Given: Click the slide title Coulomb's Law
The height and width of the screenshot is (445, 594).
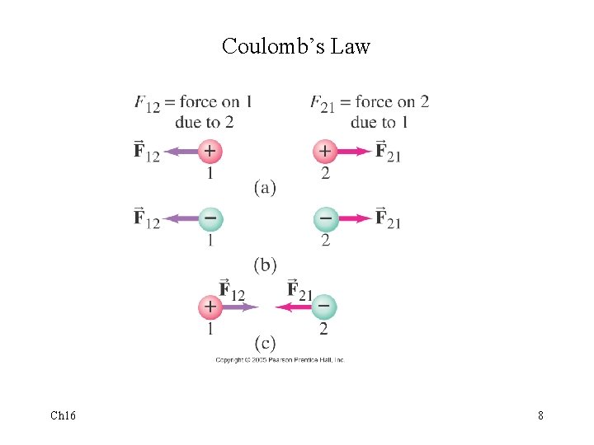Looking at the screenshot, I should (x=296, y=46).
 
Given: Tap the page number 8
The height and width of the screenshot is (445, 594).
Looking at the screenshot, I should (x=540, y=415).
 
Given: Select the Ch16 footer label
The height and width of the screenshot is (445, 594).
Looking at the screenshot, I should (x=63, y=415).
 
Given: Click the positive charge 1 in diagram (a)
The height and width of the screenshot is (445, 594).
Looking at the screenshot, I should (x=210, y=151).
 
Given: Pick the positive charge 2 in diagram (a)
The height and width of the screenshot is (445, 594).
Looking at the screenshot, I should (x=325, y=151).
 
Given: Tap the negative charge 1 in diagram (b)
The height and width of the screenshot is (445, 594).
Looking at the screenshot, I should (x=210, y=218).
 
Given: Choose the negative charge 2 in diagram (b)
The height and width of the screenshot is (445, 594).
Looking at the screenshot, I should (x=326, y=218).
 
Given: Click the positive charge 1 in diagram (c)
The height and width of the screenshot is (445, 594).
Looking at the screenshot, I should (x=210, y=307).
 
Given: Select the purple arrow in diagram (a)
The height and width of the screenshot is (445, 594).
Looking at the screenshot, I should (x=181, y=151).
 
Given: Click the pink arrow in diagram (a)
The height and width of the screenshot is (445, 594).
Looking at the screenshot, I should (x=354, y=151).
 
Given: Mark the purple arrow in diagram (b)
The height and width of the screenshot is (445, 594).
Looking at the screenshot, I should (x=181, y=218).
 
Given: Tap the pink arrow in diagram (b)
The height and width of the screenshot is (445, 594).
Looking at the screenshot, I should (x=355, y=218).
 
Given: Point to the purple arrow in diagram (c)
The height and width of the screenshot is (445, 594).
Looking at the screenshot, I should (x=240, y=307).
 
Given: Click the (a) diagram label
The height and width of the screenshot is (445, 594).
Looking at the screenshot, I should (x=265, y=188).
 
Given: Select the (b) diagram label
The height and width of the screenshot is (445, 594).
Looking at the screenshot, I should (x=265, y=265).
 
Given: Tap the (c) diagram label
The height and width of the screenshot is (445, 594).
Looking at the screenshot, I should (x=265, y=343).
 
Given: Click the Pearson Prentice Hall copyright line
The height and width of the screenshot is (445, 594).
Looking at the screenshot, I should (x=280, y=360).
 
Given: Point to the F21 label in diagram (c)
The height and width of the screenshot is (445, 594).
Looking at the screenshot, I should (x=299, y=291).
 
